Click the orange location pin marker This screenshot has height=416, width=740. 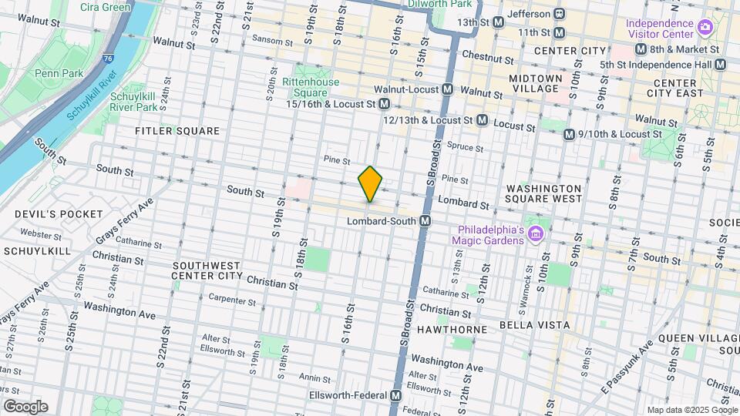click(x=370, y=184)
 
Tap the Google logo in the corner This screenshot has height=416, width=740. click(x=25, y=407)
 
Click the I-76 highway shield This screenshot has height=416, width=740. click(x=106, y=58)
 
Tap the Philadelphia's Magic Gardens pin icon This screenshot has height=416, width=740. click(x=537, y=232)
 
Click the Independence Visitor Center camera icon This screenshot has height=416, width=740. click(x=704, y=29)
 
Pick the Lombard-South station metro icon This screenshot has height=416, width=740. click(x=425, y=221)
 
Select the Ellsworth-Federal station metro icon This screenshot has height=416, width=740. click(x=395, y=395)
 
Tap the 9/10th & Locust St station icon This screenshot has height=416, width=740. click(x=569, y=134)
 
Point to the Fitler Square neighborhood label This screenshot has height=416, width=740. click(x=177, y=131)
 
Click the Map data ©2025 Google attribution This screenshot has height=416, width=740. click(x=691, y=410)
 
